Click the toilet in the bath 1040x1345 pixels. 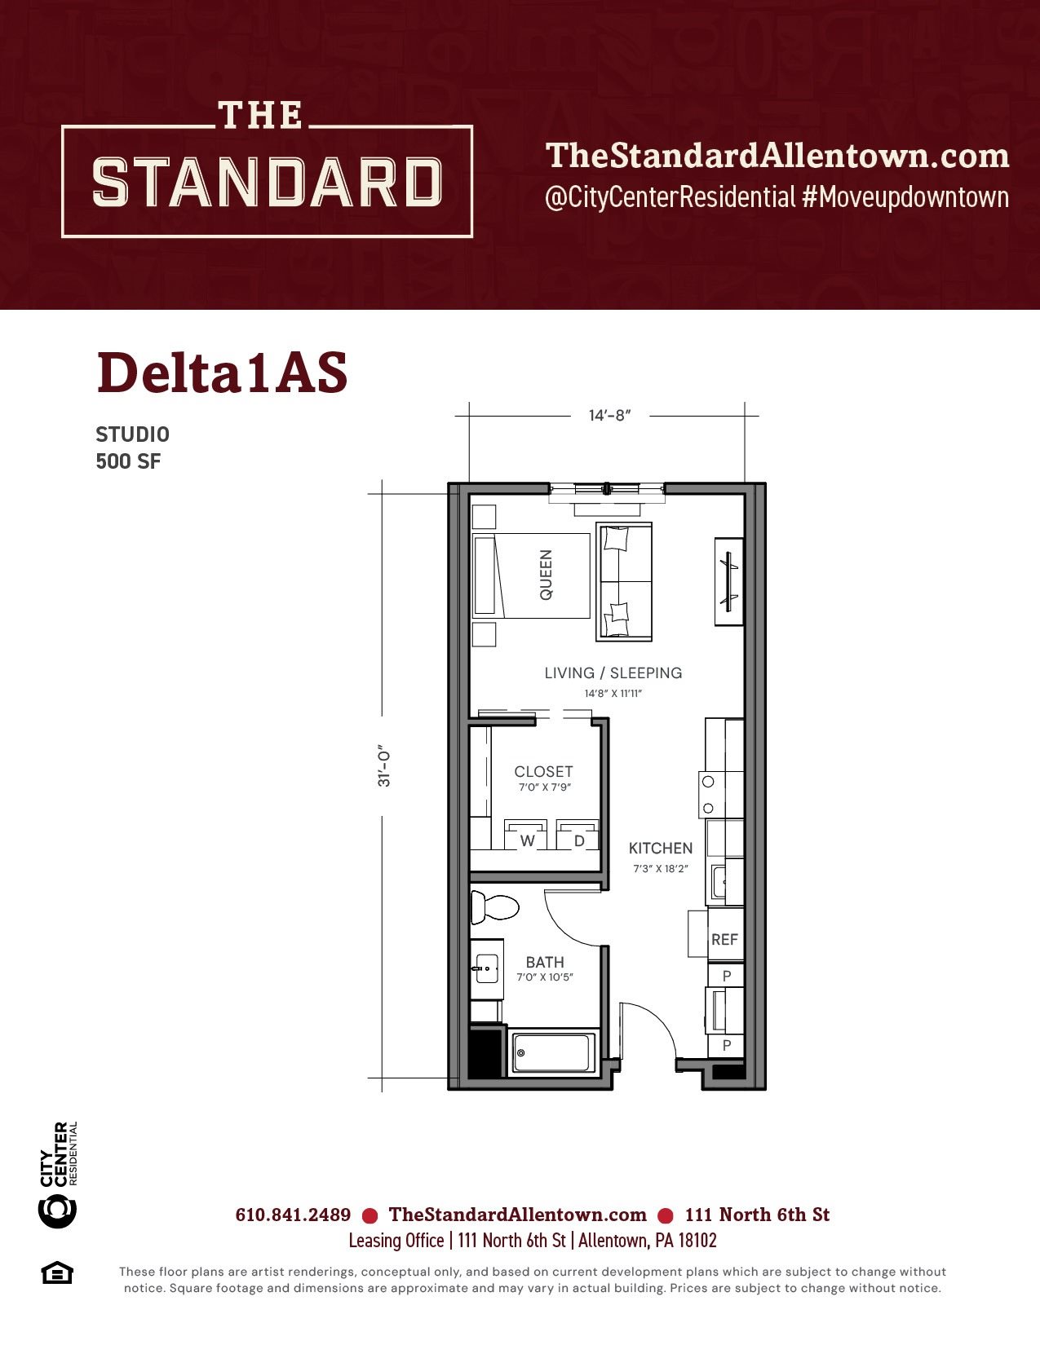click(493, 907)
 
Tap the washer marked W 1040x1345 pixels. click(526, 835)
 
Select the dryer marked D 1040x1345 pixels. click(578, 835)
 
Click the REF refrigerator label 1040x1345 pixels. click(724, 940)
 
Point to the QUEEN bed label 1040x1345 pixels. click(546, 575)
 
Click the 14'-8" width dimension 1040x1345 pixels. click(609, 416)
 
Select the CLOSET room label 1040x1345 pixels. click(543, 771)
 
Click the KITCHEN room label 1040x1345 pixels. click(660, 848)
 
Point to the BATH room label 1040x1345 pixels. click(545, 962)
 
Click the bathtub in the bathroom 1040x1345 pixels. click(552, 1053)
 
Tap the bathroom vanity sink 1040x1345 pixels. click(486, 968)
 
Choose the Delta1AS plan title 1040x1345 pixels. click(222, 373)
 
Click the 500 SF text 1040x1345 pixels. click(128, 461)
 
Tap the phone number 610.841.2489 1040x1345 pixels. click(293, 1215)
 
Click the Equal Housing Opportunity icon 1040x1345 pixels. click(57, 1272)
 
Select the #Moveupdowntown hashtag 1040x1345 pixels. click(905, 196)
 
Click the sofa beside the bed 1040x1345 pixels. click(624, 581)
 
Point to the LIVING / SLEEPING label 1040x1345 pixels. click(613, 672)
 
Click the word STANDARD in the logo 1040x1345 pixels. click(267, 182)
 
